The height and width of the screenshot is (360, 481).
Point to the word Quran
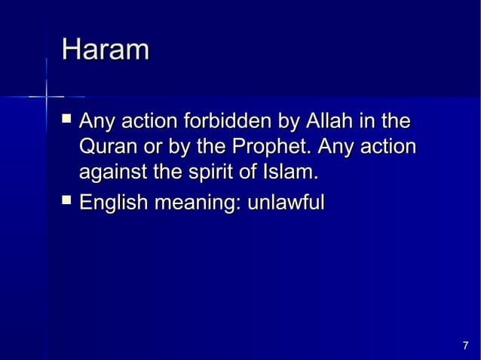tap(106, 147)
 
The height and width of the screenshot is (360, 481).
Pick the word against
tap(112, 173)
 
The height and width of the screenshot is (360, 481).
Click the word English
tap(113, 203)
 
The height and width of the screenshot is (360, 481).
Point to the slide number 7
tap(465, 346)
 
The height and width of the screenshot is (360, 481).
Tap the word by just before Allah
tap(289, 121)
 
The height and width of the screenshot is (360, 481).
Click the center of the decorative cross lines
tap(47, 97)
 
